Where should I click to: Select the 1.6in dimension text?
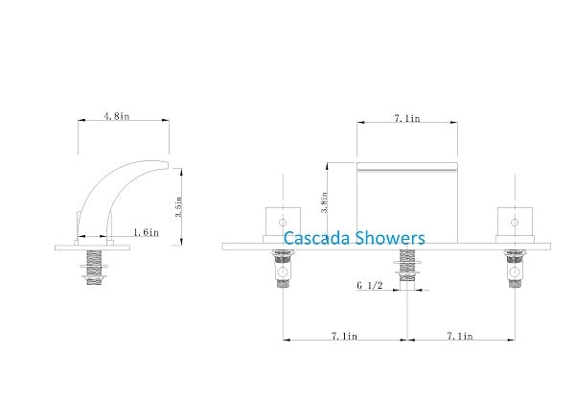pos(146,231)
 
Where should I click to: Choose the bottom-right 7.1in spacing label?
pos(466,336)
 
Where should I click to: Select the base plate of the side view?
pos(92,247)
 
